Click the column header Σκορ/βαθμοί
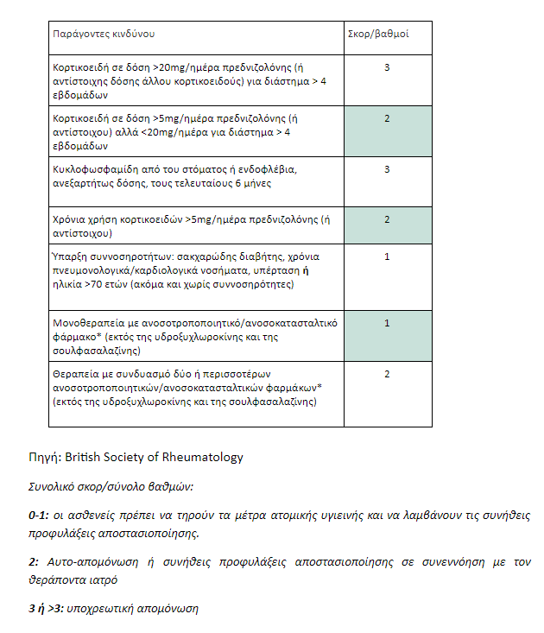[x=376, y=35]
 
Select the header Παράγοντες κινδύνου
[x=104, y=35]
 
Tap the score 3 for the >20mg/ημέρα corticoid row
[x=387, y=67]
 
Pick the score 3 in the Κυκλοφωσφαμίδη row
[x=387, y=169]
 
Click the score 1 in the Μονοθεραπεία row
[x=387, y=323]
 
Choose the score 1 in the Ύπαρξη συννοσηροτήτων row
[x=387, y=256]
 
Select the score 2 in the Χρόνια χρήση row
[x=387, y=220]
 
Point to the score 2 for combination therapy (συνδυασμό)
[x=387, y=374]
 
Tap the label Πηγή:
[x=45, y=458]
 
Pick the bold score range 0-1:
[x=39, y=516]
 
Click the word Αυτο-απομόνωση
[x=85, y=562]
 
